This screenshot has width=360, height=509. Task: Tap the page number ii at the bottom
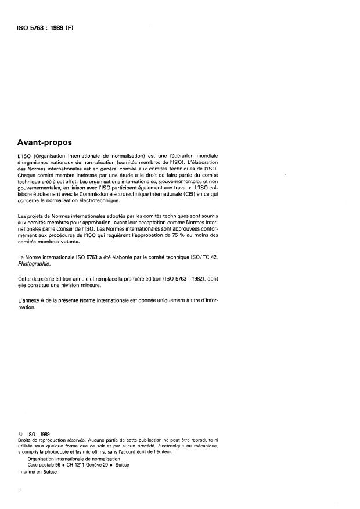point(20,490)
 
